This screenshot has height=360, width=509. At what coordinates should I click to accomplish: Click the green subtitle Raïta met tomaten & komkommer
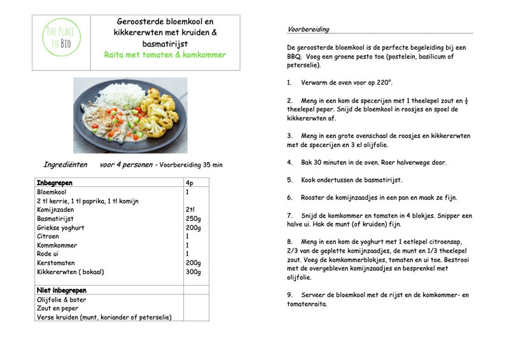165,55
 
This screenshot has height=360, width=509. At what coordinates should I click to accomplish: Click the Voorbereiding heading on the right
309,29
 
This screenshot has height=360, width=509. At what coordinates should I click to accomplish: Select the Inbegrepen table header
55,183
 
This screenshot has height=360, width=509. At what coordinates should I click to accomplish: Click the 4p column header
189,183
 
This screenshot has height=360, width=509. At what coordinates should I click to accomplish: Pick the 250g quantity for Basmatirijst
193,218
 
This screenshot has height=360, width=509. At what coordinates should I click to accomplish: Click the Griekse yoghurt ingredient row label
60,227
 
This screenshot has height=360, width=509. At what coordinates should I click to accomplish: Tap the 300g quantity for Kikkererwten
193,272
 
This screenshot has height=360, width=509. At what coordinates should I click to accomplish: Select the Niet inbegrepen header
61,290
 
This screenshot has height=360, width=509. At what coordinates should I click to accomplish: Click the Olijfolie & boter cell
62,300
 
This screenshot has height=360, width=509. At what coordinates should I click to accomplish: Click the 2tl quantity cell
190,209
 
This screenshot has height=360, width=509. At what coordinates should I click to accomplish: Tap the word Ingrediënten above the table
65,165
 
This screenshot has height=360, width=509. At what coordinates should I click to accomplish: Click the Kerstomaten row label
56,263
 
